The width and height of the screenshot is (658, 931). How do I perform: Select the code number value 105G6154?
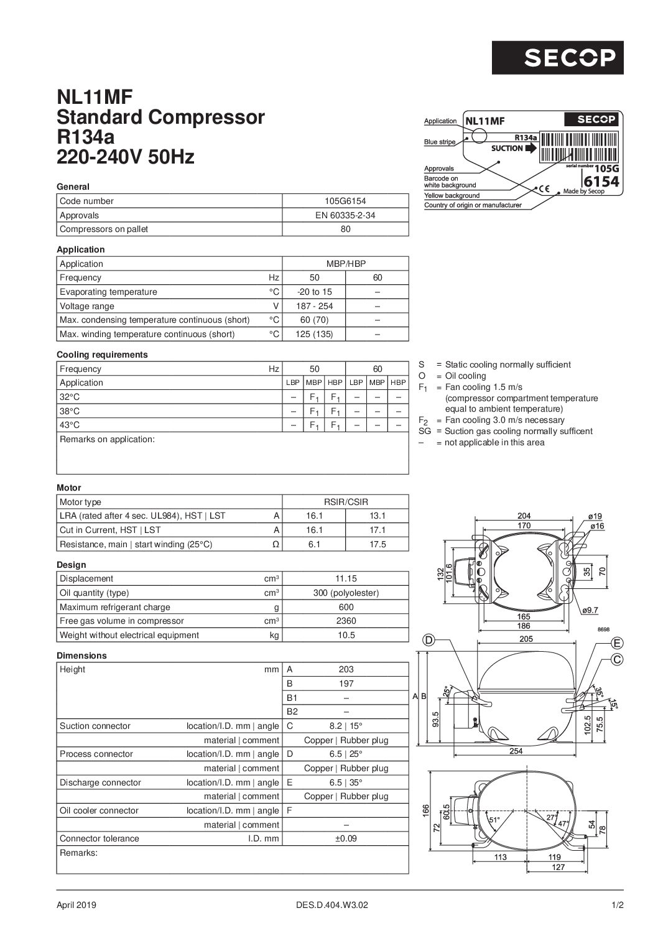click(346, 201)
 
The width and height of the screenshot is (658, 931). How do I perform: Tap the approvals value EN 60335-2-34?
click(346, 215)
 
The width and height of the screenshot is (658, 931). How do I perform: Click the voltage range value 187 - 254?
click(314, 306)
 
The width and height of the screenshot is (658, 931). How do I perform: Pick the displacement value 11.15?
click(346, 578)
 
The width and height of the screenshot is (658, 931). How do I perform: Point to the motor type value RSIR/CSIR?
click(346, 502)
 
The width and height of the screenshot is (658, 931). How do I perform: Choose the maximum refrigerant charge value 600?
click(346, 607)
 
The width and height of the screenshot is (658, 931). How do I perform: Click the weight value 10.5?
click(346, 635)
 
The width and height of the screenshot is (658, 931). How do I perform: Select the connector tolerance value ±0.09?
click(346, 838)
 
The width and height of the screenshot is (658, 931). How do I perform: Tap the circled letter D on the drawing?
click(429, 641)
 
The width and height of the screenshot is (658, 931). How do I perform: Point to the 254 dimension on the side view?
click(516, 751)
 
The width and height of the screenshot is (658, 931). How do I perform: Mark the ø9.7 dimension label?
click(590, 610)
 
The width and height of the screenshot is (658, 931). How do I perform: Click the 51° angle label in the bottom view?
click(494, 820)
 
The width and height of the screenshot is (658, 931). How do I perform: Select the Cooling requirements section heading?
click(102, 354)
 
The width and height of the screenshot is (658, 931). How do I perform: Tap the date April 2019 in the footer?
click(76, 906)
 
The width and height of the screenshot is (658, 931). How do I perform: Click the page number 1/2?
click(617, 906)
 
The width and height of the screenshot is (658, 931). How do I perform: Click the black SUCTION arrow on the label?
click(531, 149)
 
